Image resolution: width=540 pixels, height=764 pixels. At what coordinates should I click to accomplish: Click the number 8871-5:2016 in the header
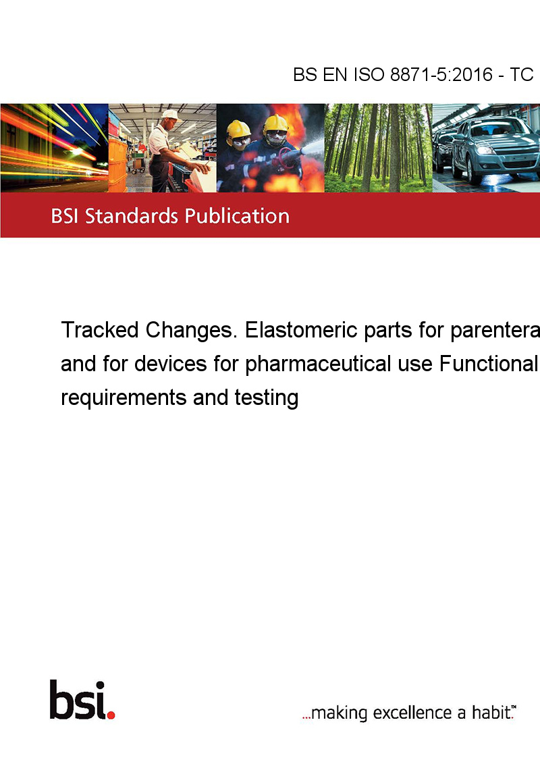(x=441, y=74)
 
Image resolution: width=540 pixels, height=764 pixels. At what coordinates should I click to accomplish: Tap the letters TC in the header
(x=521, y=74)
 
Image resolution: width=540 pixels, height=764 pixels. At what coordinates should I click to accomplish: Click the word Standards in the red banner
(x=132, y=216)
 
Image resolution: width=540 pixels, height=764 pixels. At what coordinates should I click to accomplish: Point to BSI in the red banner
(x=65, y=216)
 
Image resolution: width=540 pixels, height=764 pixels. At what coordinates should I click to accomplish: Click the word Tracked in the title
(x=100, y=330)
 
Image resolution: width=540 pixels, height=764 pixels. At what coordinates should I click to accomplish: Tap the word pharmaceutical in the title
(x=318, y=364)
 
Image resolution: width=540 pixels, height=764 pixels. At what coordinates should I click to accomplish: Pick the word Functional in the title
(x=488, y=364)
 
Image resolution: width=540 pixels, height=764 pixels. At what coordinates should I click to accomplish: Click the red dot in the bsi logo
(x=111, y=715)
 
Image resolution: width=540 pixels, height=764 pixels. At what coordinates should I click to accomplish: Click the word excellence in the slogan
(x=412, y=713)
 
